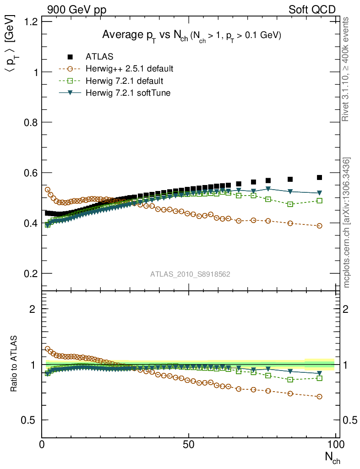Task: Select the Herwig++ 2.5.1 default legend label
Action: pos(129,69)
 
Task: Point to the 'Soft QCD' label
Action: pos(312,10)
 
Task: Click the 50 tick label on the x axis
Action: pos(189,445)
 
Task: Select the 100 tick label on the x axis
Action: pos(335,445)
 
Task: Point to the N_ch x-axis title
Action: pos(332,457)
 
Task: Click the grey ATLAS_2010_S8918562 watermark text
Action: pos(190,274)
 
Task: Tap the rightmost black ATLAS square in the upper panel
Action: pos(319,177)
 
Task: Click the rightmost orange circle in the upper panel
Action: pos(319,226)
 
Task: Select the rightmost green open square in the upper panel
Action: pos(319,201)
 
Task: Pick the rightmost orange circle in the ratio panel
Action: pos(319,397)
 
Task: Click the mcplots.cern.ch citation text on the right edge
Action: pos(347,223)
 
